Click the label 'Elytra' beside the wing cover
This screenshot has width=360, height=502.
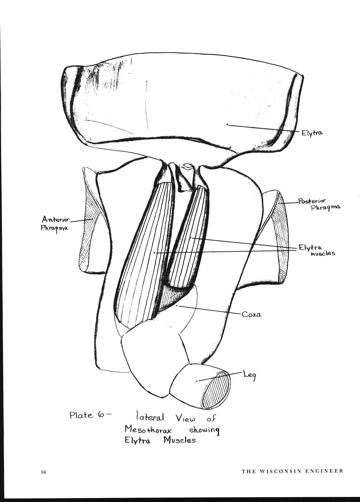[x=312, y=133]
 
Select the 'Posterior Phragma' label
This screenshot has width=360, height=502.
[x=319, y=204]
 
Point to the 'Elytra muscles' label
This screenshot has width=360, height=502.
[x=317, y=250]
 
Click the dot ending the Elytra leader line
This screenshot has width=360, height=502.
[x=227, y=124]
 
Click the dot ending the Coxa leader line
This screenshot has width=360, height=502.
[x=177, y=306]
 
